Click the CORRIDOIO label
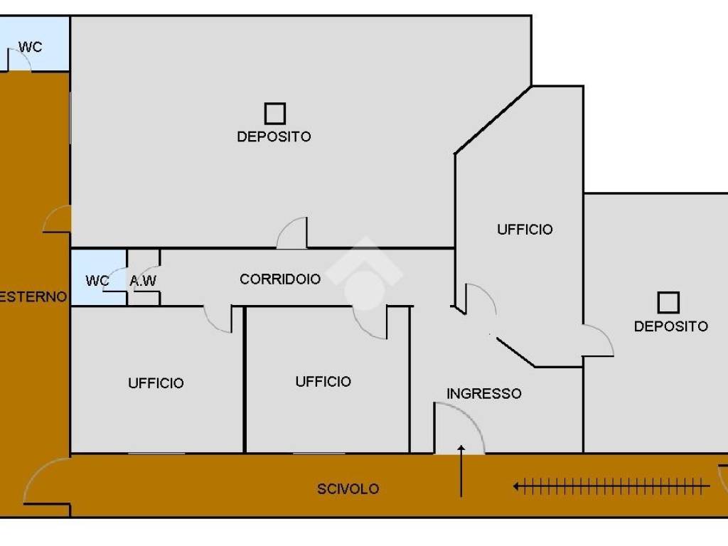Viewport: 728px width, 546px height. (x=280, y=279)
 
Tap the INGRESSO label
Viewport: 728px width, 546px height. (x=483, y=394)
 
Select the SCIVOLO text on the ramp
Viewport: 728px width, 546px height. (x=348, y=489)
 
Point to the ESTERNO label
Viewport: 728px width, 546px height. (x=33, y=296)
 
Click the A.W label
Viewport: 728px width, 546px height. (x=143, y=280)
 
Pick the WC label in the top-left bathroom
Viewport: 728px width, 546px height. (x=30, y=47)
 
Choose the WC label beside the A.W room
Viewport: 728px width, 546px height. (x=97, y=281)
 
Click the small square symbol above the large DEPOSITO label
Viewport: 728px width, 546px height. (x=275, y=114)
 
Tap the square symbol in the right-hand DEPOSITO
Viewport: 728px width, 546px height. (x=668, y=303)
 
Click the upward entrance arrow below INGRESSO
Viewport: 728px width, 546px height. (x=461, y=471)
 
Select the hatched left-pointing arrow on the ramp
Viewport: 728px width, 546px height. (x=611, y=487)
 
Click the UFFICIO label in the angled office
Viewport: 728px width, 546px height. (x=525, y=230)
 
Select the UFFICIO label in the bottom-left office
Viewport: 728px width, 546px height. (x=156, y=383)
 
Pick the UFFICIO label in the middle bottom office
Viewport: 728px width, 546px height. (x=323, y=382)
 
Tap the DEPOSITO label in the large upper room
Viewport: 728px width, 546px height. (x=274, y=136)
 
